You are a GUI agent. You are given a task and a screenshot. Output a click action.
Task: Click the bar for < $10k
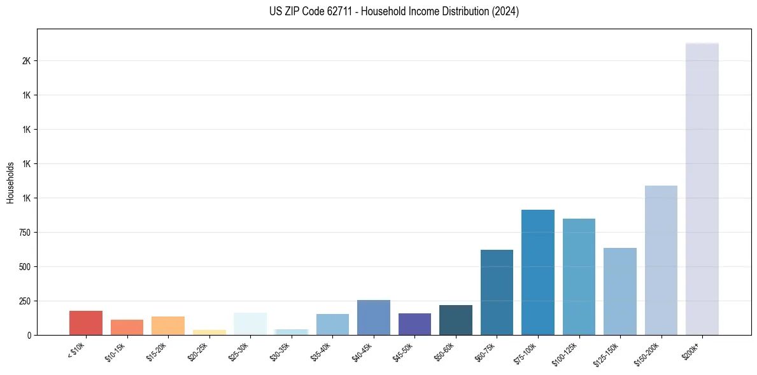pyautogui.click(x=86, y=323)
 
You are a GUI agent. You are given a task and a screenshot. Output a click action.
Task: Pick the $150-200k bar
pyautogui.click(x=661, y=260)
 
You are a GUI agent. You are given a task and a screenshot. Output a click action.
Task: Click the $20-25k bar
pyautogui.click(x=209, y=332)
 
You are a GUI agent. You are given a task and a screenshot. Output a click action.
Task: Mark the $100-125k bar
pyautogui.click(x=579, y=276)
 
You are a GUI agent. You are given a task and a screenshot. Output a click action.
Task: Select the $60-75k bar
pyautogui.click(x=497, y=292)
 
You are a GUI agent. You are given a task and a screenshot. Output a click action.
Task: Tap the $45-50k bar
pyautogui.click(x=414, y=324)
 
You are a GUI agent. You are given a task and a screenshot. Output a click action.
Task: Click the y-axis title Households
pyautogui.click(x=10, y=182)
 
